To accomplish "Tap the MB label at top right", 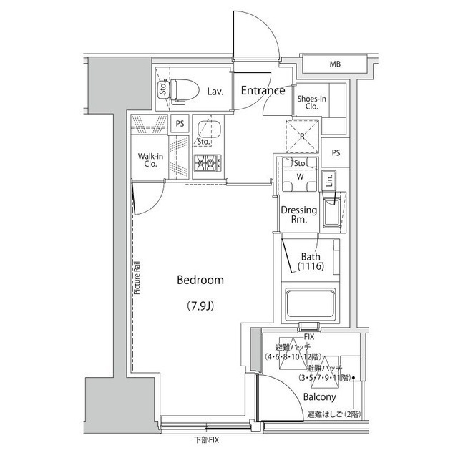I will (x=335, y=65).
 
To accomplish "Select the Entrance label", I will (x=262, y=91).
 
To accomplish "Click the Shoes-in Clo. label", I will (x=312, y=102).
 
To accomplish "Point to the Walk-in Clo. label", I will (x=150, y=159).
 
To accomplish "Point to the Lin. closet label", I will (x=328, y=182).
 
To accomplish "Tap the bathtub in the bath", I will (x=311, y=305).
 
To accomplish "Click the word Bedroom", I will (x=200, y=281).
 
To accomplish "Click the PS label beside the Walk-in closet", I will (x=180, y=122).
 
